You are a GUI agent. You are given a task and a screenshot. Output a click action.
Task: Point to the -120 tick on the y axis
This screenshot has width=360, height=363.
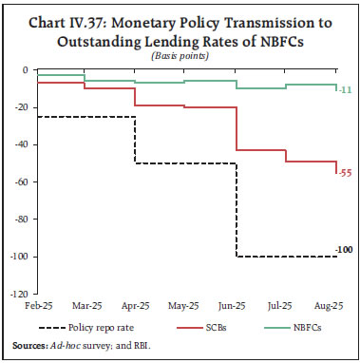[17, 295]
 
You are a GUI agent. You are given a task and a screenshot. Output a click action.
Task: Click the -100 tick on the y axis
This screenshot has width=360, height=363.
[17, 258]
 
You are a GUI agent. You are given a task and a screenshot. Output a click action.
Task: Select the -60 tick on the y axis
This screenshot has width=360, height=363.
[19, 182]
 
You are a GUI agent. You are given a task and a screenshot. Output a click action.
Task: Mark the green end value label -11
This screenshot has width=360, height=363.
[345, 89]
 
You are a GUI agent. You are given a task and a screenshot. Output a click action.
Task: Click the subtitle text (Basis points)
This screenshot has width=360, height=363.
[180, 55]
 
